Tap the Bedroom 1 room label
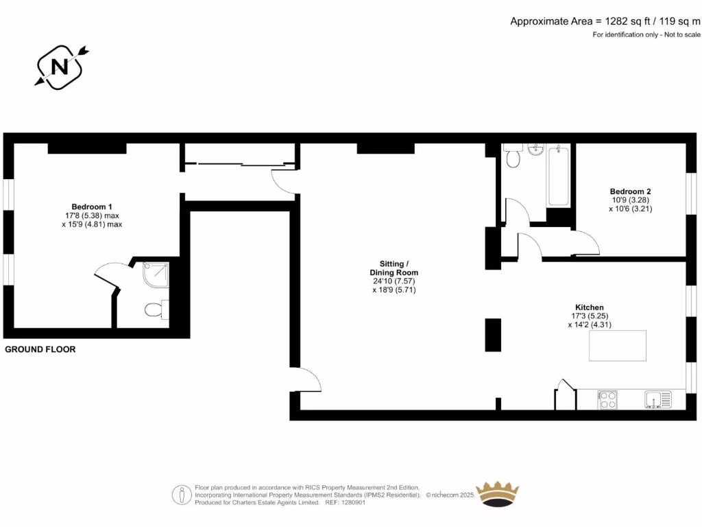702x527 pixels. click(92, 207)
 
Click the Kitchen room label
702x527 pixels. click(589, 307)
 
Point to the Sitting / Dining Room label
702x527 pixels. click(394, 268)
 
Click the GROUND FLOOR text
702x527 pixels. click(40, 349)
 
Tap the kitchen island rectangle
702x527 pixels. click(618, 345)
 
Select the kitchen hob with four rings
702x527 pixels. click(607, 399)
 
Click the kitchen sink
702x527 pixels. click(657, 399)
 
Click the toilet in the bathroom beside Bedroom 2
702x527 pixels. click(513, 157)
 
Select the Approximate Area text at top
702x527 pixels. click(605, 21)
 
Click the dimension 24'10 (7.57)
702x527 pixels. click(394, 281)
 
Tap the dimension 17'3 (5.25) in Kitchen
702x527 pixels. click(589, 316)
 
